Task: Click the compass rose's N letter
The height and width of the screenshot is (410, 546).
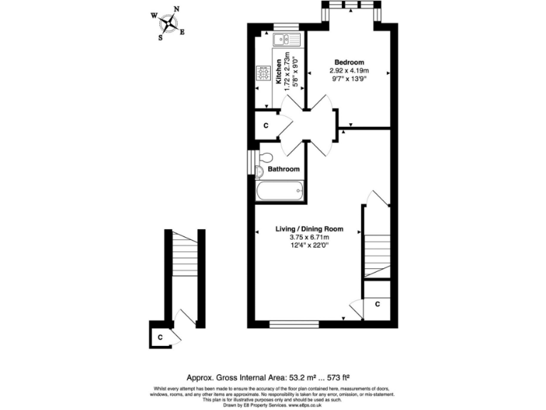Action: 176,9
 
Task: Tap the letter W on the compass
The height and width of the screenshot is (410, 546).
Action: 154,14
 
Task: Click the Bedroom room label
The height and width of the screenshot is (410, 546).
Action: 349,62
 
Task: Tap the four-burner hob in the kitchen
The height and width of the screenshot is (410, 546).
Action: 263,73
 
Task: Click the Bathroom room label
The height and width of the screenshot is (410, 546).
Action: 283,169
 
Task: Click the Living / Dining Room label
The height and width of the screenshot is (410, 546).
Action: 309,229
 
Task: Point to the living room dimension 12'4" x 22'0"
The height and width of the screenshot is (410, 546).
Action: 309,246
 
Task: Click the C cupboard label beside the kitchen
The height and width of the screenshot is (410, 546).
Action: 265,126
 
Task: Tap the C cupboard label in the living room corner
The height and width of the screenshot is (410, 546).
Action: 378,305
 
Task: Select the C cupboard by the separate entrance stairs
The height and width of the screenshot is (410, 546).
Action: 161,337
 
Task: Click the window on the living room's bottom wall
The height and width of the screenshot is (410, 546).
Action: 294,325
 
